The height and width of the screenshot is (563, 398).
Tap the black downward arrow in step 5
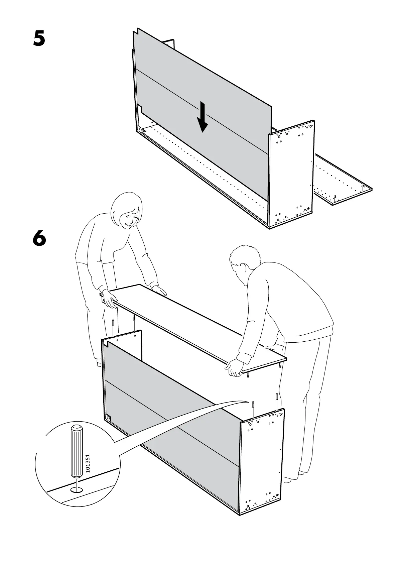(x=202, y=117)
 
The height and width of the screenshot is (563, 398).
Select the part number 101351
(x=88, y=463)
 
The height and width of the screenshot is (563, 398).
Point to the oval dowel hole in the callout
(x=77, y=490)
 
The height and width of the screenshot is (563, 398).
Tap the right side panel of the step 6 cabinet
(x=262, y=465)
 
